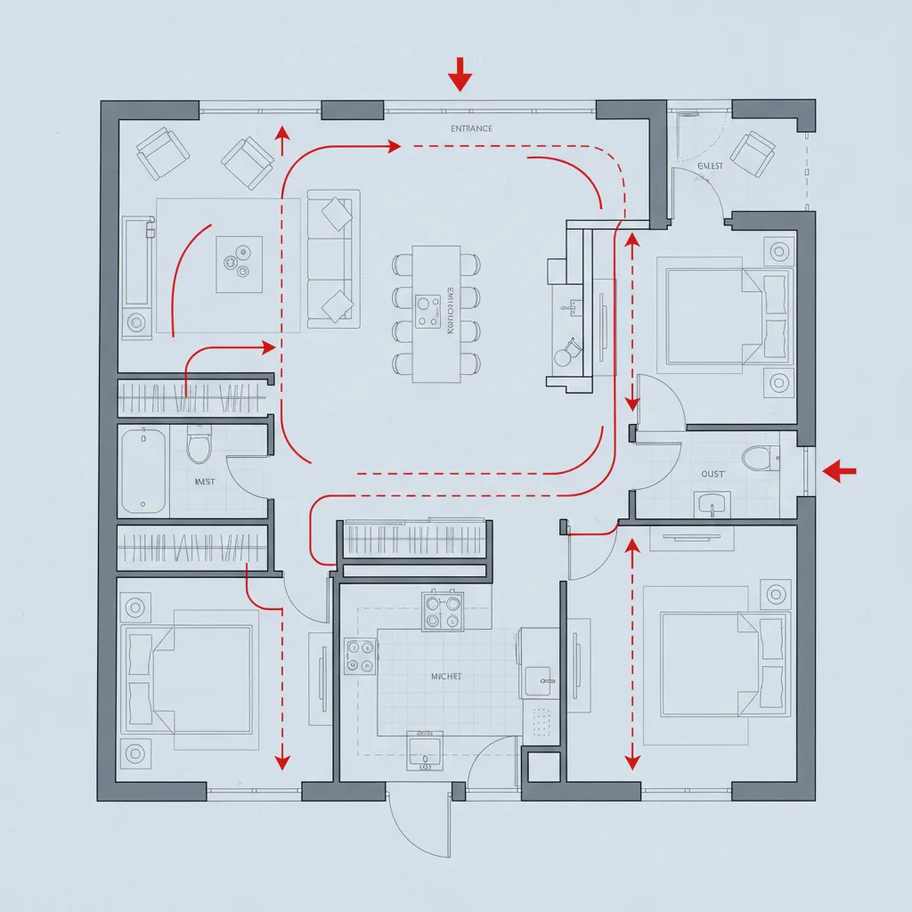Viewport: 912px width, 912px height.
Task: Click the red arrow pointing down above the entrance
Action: tap(460, 74)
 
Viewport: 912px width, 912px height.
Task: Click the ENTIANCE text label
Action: tap(470, 129)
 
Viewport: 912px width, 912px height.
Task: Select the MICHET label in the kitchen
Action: tap(446, 677)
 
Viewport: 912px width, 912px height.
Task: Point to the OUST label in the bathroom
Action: tap(712, 474)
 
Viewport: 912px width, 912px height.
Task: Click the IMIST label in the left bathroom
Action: tap(205, 482)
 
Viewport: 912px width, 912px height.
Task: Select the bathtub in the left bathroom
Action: tap(143, 470)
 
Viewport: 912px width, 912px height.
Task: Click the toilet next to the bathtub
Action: tap(199, 444)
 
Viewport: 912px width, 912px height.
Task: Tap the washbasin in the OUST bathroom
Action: tap(712, 504)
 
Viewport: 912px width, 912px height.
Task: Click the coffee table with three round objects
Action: tap(239, 264)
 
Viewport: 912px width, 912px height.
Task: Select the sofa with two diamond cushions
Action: tap(333, 256)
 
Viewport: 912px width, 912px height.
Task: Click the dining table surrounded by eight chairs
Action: tap(436, 313)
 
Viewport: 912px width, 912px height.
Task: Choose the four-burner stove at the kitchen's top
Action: tap(443, 611)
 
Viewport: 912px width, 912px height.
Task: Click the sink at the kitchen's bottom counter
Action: tap(425, 751)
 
